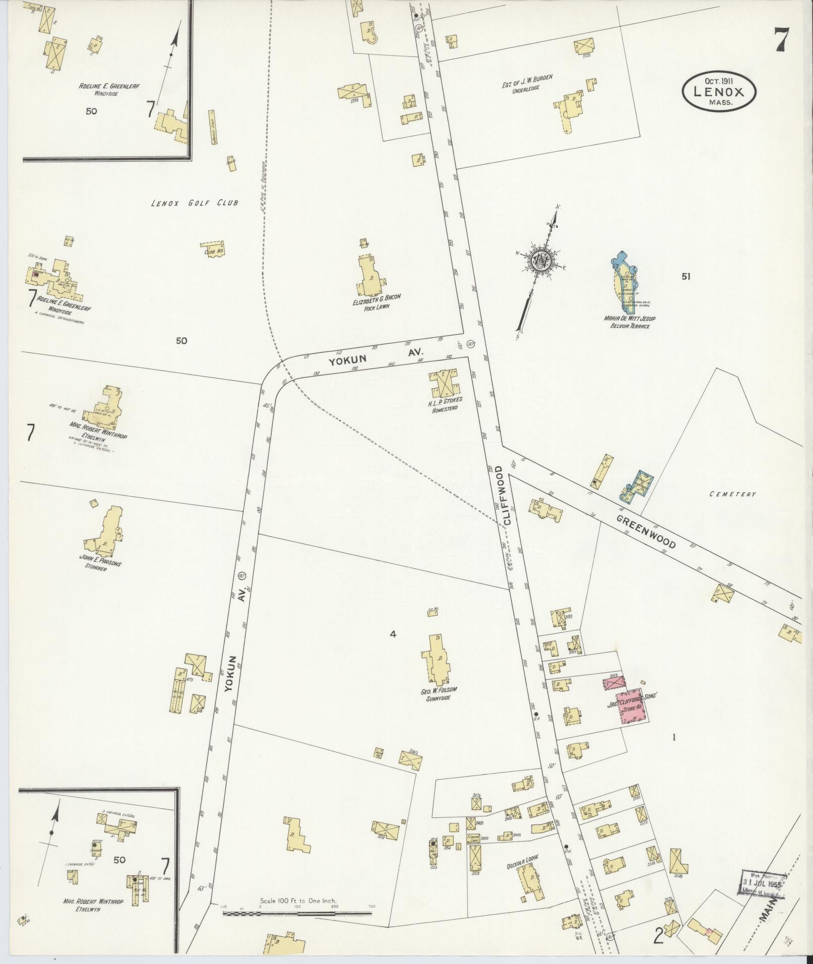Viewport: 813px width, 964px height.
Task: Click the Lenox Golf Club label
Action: (x=195, y=203)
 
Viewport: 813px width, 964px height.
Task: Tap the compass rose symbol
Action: (x=541, y=261)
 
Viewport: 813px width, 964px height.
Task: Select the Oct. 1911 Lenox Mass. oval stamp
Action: (x=719, y=92)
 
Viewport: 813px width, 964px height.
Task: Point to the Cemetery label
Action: (x=732, y=494)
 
